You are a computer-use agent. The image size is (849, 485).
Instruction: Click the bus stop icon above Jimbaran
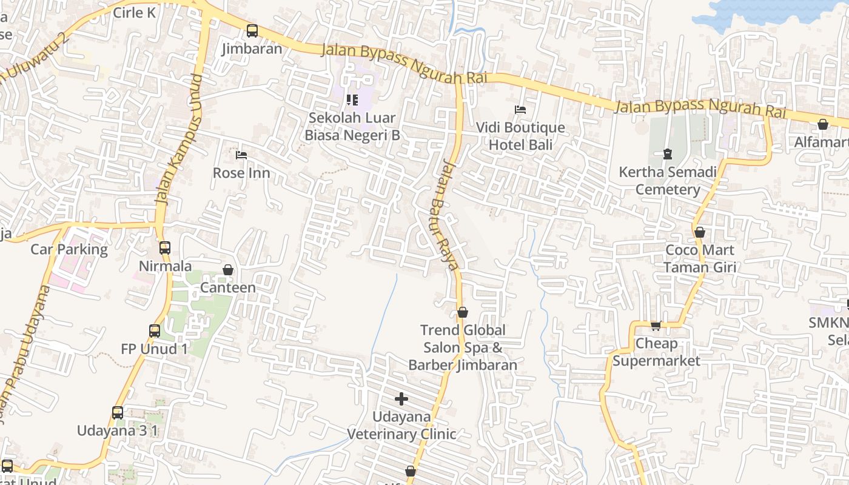pos(252,31)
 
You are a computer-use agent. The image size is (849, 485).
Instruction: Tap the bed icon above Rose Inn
pos(241,155)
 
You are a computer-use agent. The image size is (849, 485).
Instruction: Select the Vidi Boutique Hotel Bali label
pos(520,136)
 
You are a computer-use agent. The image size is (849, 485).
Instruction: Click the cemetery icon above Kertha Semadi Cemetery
pos(668,154)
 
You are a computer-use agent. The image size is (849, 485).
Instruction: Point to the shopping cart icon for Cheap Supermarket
pos(656,326)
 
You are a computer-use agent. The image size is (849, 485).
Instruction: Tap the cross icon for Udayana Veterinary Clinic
pos(401,399)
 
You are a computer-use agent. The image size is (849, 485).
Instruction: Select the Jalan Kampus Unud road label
pos(178,139)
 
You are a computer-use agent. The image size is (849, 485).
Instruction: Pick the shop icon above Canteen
pos(228,270)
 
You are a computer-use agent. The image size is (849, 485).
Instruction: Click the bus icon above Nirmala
pos(165,248)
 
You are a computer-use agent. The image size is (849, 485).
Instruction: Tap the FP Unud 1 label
pos(155,349)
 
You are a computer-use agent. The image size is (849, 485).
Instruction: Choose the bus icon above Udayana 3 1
pos(118,413)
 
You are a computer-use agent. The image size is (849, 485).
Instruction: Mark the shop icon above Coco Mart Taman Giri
pos(700,232)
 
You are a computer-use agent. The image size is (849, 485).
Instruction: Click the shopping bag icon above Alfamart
pos(823,124)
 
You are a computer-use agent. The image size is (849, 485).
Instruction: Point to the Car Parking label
pos(69,249)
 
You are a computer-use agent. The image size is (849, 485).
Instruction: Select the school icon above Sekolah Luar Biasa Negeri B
pos(352,100)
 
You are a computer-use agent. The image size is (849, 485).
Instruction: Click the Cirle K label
pos(135,13)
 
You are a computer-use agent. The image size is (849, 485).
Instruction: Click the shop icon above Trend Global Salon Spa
pos(463,312)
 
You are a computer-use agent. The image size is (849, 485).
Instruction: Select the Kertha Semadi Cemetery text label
pos(668,181)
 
